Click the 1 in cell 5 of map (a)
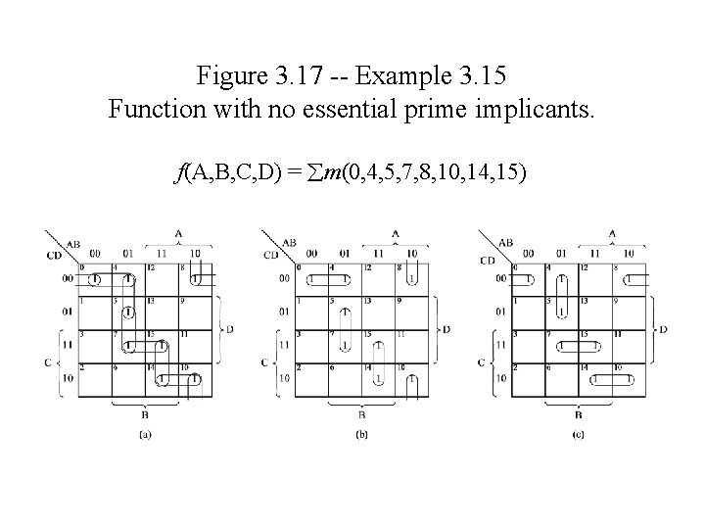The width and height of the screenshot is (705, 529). click(x=129, y=313)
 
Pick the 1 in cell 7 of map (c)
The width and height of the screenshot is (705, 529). click(x=560, y=346)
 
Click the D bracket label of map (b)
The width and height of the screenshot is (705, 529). click(x=446, y=329)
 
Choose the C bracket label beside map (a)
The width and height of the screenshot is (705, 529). click(x=47, y=361)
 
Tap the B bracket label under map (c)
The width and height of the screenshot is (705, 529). click(x=578, y=412)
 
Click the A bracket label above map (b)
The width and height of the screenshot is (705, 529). click(x=396, y=233)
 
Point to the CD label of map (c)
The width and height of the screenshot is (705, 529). click(x=487, y=260)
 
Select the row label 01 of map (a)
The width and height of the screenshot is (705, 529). click(x=66, y=312)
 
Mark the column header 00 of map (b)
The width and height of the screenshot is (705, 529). click(x=311, y=254)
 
